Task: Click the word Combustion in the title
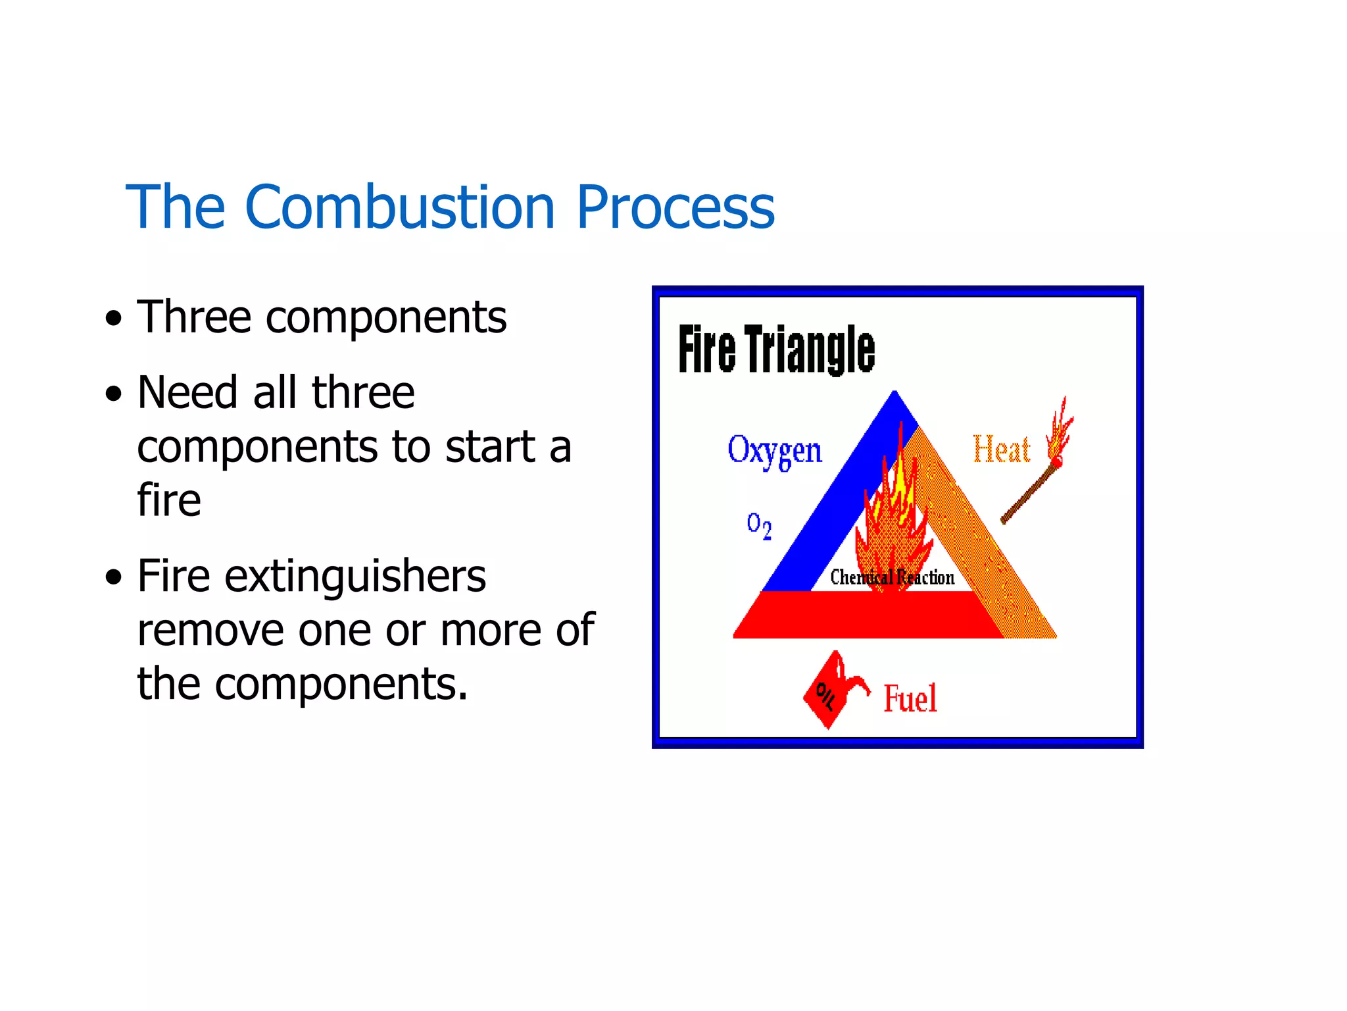tap(400, 208)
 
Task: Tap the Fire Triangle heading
tap(776, 350)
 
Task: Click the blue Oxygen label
tap(774, 451)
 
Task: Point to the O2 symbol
tap(758, 525)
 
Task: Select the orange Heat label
tap(1000, 450)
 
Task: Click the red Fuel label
tap(910, 699)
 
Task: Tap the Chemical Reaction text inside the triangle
tap(891, 577)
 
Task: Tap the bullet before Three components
tap(114, 319)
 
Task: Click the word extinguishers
tap(355, 577)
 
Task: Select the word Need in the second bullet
tap(187, 394)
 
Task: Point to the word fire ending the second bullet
tap(168, 500)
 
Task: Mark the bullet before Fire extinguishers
tap(114, 577)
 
